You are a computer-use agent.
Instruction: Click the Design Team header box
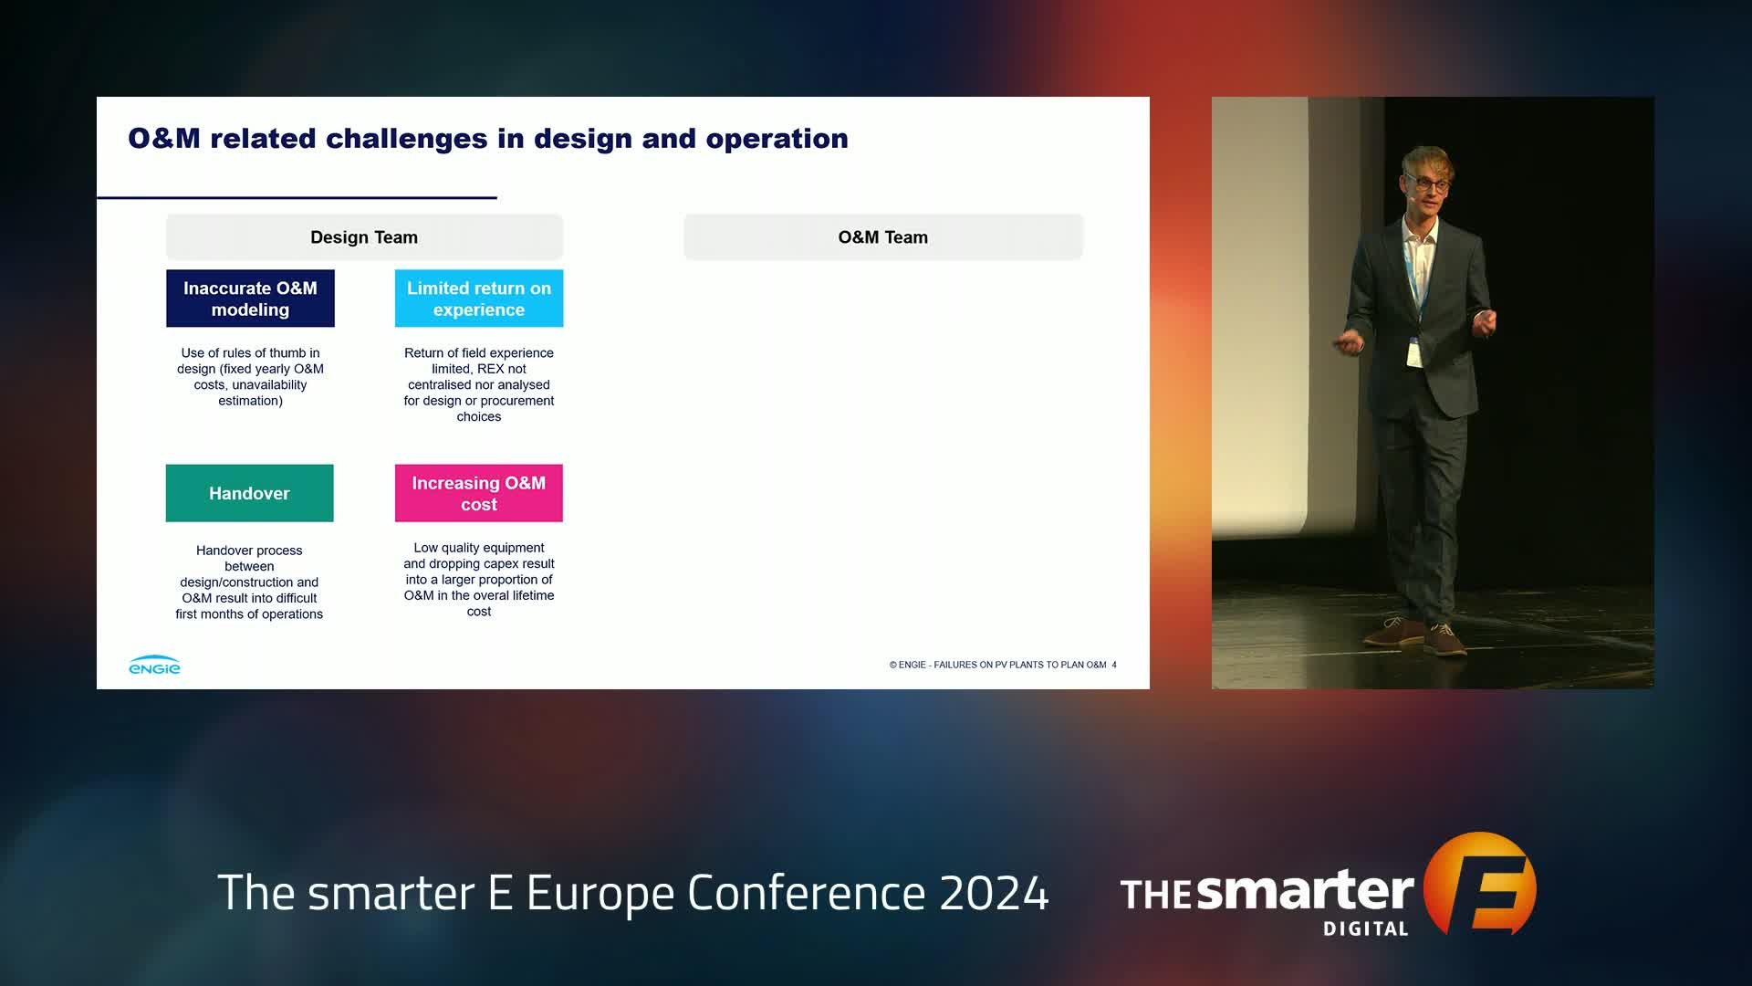(364, 237)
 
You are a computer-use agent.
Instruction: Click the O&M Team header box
(883, 237)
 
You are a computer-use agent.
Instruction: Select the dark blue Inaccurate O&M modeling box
(250, 299)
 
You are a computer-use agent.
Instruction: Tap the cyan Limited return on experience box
(479, 299)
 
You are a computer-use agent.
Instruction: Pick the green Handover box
(249, 493)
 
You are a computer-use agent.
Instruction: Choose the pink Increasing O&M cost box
(479, 493)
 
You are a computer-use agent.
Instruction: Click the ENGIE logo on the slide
(154, 665)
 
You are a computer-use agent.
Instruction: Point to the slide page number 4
(1114, 665)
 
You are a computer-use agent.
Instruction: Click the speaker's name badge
(1413, 351)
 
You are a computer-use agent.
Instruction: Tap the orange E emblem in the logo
(1480, 884)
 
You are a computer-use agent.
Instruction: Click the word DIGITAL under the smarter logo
(1366, 929)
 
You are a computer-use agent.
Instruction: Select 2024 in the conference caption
(995, 893)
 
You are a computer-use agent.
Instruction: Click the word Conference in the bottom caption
(807, 893)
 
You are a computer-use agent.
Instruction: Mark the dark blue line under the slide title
(297, 197)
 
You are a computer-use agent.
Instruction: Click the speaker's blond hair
(1429, 161)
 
